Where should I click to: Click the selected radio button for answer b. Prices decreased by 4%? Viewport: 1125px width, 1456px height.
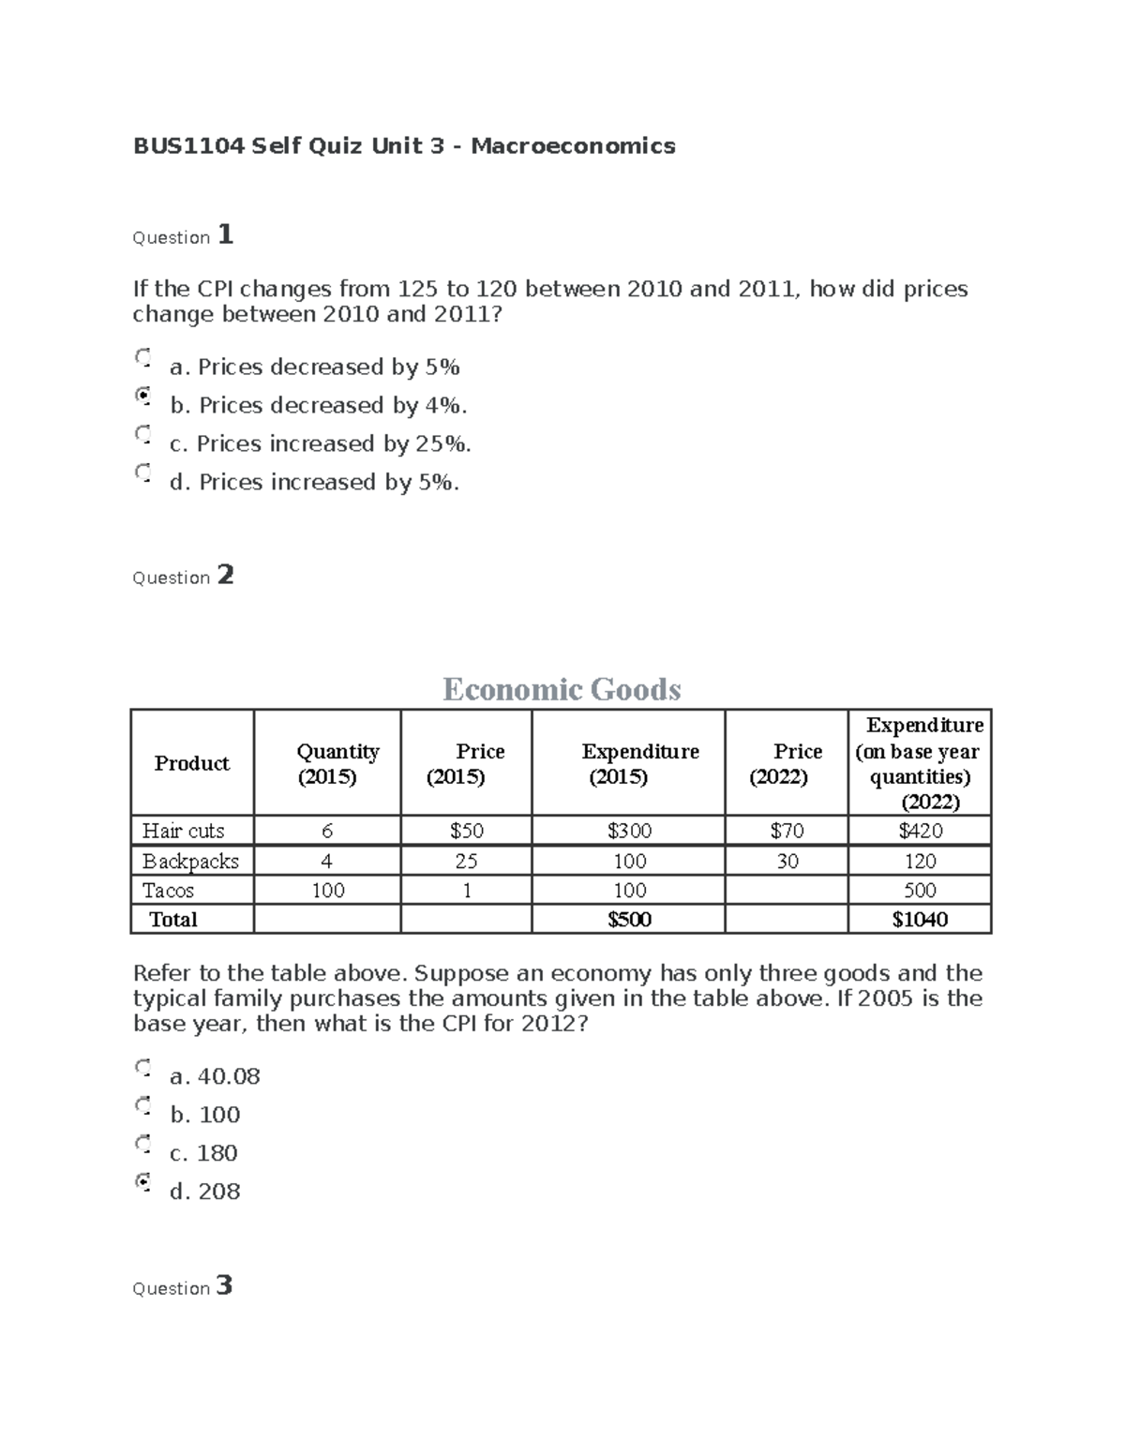pos(142,396)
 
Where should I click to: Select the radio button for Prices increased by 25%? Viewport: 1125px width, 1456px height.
pos(142,434)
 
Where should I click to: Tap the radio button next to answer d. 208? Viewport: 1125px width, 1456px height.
pos(142,1181)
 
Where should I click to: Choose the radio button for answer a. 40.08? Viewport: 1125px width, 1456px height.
pos(142,1067)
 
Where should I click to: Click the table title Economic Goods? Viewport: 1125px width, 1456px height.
pos(562,689)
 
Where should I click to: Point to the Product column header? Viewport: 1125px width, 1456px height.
pos(191,763)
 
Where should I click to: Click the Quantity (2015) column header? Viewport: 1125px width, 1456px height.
pos(328,763)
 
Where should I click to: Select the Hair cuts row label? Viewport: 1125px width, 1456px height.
pos(184,831)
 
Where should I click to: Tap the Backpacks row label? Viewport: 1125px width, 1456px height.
pos(190,861)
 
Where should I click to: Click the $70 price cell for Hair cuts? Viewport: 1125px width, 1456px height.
pos(787,831)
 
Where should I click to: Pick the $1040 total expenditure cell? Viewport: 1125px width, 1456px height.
pos(920,919)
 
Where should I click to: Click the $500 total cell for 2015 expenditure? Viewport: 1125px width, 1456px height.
pos(628,919)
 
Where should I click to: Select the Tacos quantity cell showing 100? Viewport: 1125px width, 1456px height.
pos(327,890)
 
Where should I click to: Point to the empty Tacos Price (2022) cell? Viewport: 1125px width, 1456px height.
pos(787,890)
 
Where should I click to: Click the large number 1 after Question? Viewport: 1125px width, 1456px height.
pos(225,234)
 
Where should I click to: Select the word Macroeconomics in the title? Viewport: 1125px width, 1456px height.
pos(573,145)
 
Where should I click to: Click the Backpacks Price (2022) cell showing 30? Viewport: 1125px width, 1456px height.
pos(787,861)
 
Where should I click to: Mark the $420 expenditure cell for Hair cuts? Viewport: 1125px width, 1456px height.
pos(920,831)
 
